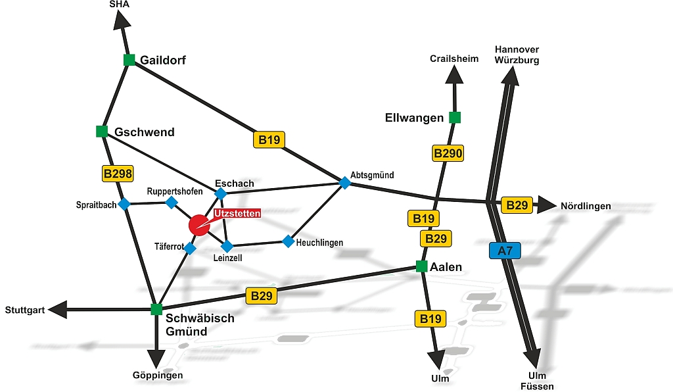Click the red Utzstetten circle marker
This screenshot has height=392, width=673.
point(198,225)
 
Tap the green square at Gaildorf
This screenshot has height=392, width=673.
point(129,60)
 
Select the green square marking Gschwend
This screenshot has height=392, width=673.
point(102,132)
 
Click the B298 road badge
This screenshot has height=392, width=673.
point(118,174)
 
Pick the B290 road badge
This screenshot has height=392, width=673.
point(448,154)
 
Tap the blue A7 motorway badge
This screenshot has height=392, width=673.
point(505,251)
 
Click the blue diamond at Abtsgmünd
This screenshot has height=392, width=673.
point(344,182)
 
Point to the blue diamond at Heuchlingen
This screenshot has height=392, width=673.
point(288,241)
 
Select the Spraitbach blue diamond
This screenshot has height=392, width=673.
point(124,204)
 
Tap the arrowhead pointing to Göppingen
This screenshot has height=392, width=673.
point(156,358)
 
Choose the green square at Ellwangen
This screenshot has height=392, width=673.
point(454,118)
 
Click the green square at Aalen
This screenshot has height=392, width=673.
point(422,266)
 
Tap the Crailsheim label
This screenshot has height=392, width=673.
point(454,59)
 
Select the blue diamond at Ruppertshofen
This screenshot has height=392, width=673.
point(171,202)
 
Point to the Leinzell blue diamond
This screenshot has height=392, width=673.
point(227,247)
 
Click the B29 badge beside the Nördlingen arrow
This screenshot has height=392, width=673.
point(517,205)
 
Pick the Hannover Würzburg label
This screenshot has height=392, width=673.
point(517,55)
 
